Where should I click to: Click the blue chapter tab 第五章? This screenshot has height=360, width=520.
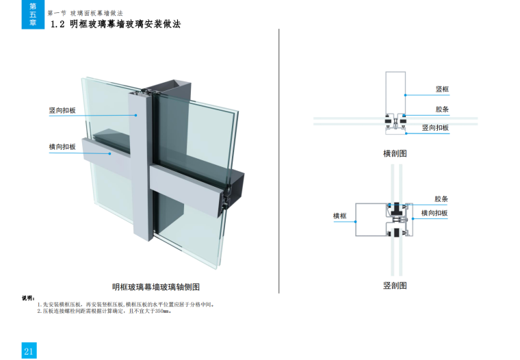33,14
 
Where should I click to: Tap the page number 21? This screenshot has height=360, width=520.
29,351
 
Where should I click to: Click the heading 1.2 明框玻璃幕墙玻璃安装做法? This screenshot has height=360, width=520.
116,24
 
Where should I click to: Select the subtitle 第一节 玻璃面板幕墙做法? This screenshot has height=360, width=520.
86,13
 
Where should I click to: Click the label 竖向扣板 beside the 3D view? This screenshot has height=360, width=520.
62,110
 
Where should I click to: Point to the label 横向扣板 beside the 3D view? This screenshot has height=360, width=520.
62,146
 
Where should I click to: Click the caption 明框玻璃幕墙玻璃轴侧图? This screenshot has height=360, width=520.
156,287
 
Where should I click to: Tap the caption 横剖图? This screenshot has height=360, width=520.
395,153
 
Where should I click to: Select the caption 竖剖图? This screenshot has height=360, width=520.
395,285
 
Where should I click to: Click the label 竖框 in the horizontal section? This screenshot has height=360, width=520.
442,89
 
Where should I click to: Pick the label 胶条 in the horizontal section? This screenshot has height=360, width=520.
442,109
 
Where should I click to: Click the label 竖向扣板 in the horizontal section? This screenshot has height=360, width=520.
435,128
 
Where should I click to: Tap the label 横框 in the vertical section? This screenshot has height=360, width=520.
340,216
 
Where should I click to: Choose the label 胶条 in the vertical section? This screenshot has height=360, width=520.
441,199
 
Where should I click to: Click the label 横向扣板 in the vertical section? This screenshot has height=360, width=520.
434,213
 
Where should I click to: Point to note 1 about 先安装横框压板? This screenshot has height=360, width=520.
126,305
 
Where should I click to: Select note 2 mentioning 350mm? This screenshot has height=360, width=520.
105,311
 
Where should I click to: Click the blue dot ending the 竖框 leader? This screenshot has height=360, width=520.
405,95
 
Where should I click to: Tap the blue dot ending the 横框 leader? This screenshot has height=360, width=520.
356,222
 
